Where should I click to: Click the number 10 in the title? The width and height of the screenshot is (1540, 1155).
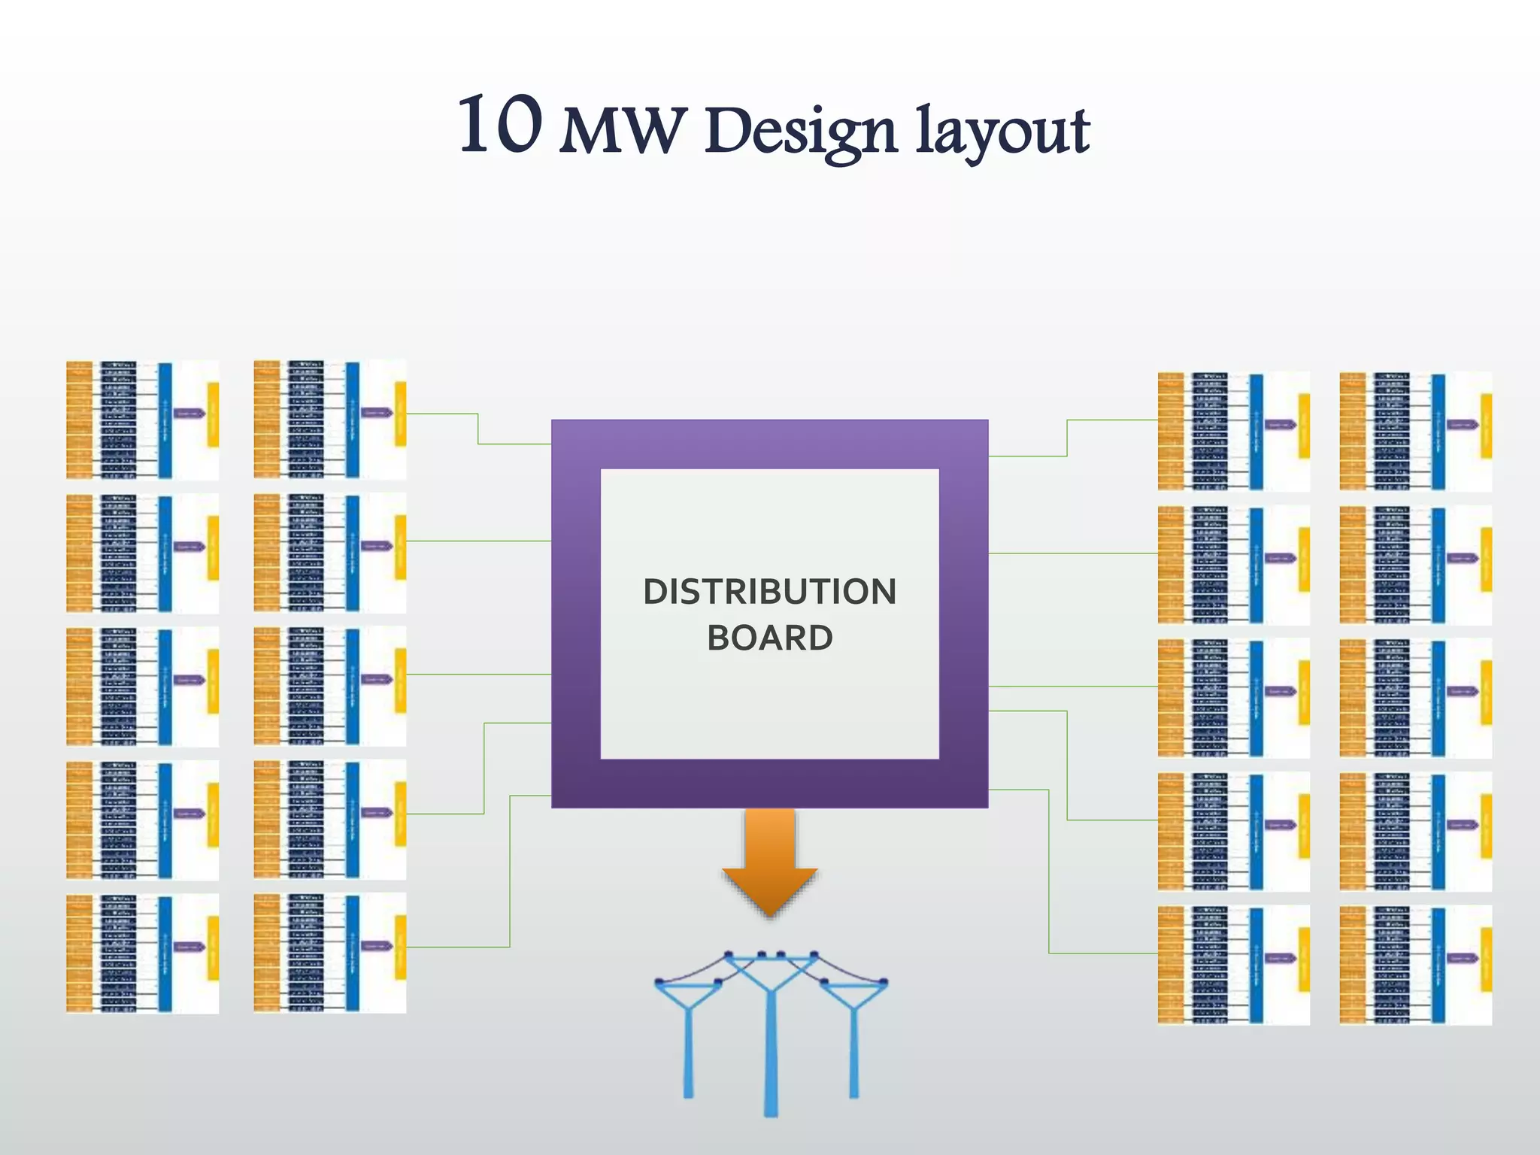[500, 126]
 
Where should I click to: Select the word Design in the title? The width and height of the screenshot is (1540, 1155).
[801, 132]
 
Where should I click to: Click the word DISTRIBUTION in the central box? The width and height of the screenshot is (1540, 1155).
[769, 592]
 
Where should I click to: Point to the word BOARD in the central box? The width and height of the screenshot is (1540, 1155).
[769, 638]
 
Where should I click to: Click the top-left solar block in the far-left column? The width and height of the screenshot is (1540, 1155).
[142, 420]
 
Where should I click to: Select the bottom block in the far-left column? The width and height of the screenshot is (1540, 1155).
[142, 953]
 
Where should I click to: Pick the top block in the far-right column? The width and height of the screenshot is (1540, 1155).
[1415, 431]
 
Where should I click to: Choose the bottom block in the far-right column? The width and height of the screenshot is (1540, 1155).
[1415, 965]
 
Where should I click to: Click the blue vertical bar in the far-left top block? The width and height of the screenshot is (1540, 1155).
[165, 420]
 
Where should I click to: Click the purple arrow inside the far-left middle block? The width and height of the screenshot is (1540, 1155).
[189, 681]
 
